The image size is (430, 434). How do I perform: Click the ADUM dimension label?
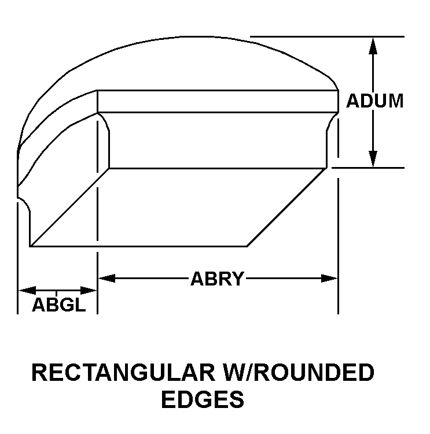(x=374, y=101)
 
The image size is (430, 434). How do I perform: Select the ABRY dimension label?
(x=217, y=279)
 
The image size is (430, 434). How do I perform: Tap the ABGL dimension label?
(x=58, y=305)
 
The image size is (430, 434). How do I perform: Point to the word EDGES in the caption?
(x=202, y=399)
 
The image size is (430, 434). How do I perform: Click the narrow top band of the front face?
(x=217, y=101)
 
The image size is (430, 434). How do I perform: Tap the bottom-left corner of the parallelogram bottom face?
(x=30, y=246)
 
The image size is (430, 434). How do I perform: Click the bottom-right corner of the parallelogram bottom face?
(x=248, y=246)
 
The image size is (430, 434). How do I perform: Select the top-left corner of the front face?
(x=97, y=91)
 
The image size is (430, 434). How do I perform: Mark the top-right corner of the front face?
(x=338, y=91)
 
